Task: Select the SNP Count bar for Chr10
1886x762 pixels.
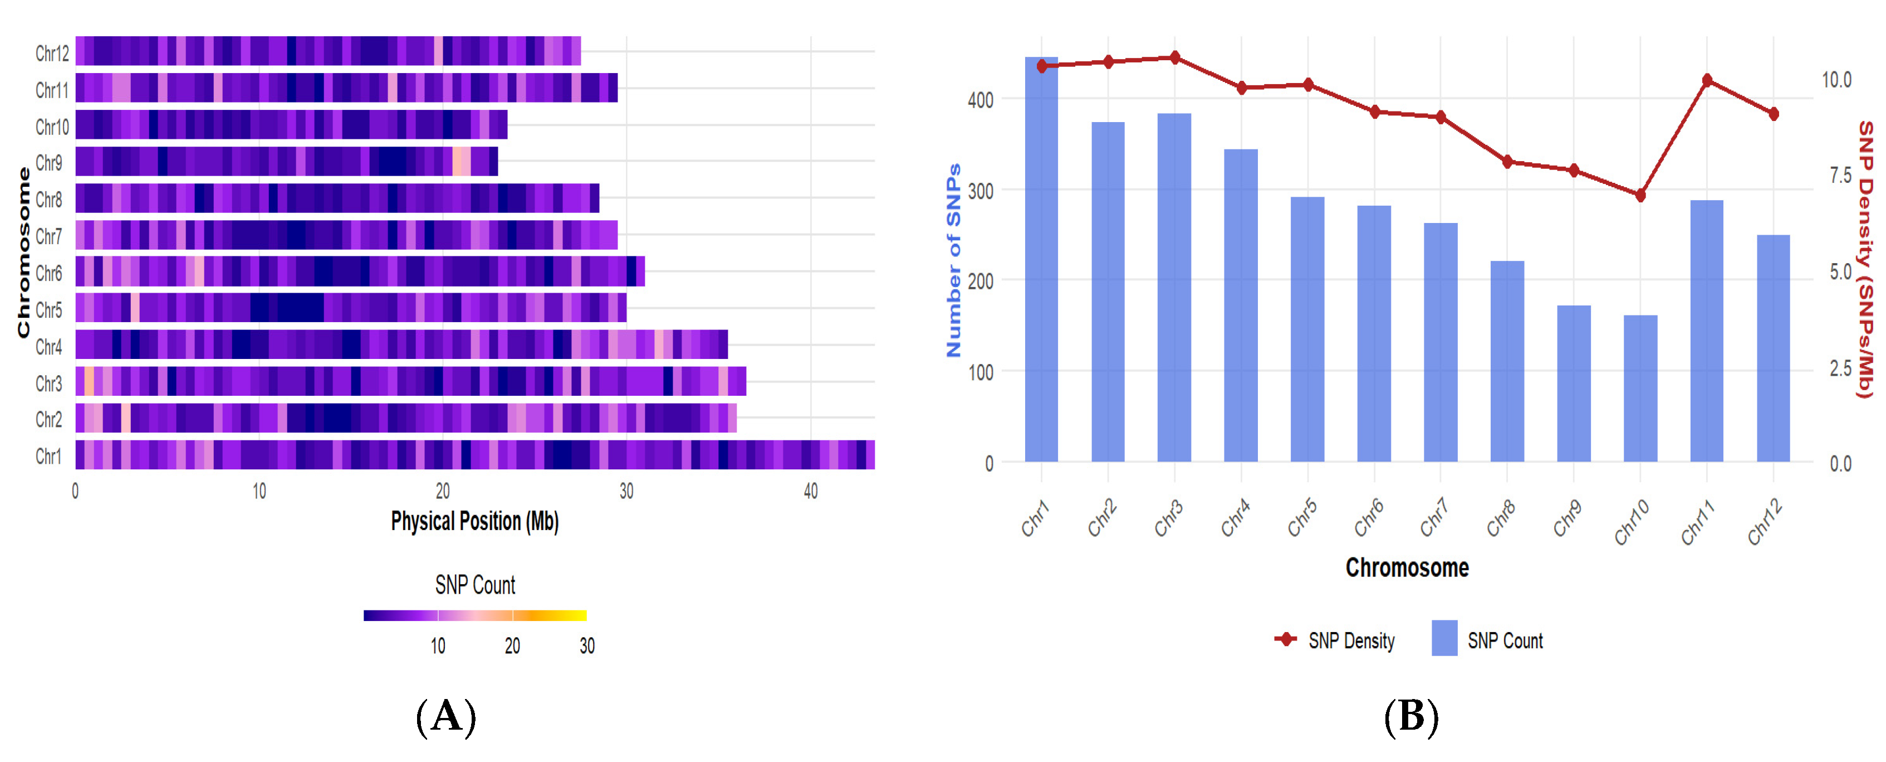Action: (1640, 389)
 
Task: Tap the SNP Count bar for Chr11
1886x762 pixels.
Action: (1707, 329)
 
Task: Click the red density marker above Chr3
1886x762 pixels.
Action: (1175, 57)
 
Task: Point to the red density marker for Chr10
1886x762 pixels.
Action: (1640, 195)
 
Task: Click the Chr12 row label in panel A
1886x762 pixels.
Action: (52, 53)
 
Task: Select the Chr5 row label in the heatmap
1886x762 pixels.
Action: (49, 309)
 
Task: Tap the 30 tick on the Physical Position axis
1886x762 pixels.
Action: (626, 491)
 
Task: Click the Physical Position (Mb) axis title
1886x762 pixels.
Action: (474, 521)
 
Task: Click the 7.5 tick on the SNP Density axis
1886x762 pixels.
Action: (1840, 175)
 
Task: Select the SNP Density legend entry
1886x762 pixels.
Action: (1351, 640)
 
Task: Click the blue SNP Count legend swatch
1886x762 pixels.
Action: (1444, 638)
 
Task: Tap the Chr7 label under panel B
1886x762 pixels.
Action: (1433, 517)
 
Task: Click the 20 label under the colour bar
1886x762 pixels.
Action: (512, 645)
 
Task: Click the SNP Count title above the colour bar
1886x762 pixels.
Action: (474, 585)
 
